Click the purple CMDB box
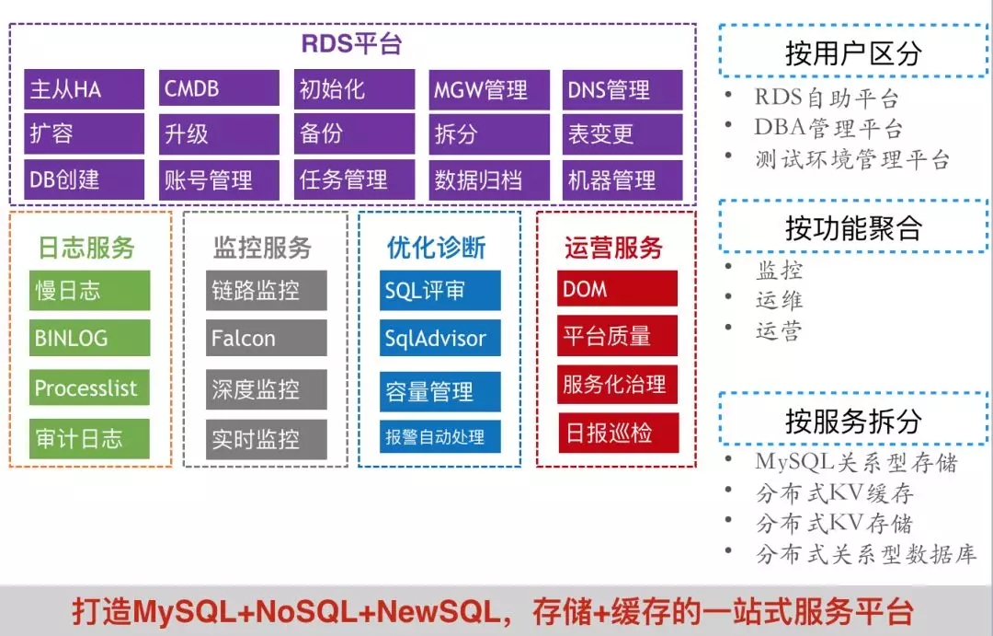click(x=219, y=89)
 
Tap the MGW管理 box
click(x=488, y=89)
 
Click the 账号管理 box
click(x=219, y=179)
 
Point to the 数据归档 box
click(x=488, y=179)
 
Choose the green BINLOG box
click(x=89, y=338)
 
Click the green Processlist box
click(x=89, y=387)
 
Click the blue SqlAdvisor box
click(x=439, y=338)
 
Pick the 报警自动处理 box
click(x=439, y=437)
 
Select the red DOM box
click(x=617, y=289)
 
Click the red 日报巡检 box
click(x=617, y=434)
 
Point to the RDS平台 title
click(x=352, y=43)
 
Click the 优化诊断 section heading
click(x=437, y=248)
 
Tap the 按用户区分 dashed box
click(x=852, y=52)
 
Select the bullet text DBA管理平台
click(x=828, y=128)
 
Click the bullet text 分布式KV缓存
click(x=834, y=493)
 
